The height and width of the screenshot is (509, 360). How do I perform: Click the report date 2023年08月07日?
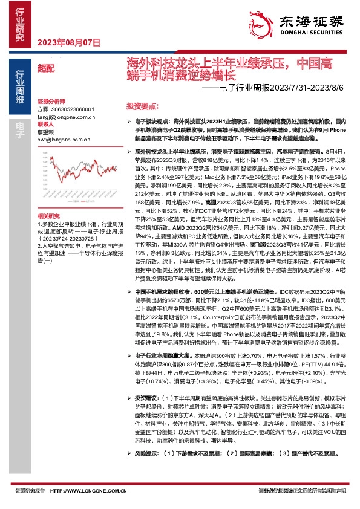coord(68,42)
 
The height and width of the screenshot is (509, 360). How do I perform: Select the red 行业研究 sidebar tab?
coord(19,25)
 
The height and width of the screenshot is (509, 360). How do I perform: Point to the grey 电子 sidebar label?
coord(19,126)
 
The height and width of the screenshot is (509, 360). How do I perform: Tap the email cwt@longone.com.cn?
coord(61,137)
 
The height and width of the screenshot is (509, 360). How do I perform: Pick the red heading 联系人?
coord(45,123)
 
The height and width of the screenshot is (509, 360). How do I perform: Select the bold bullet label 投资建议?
coord(147,398)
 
